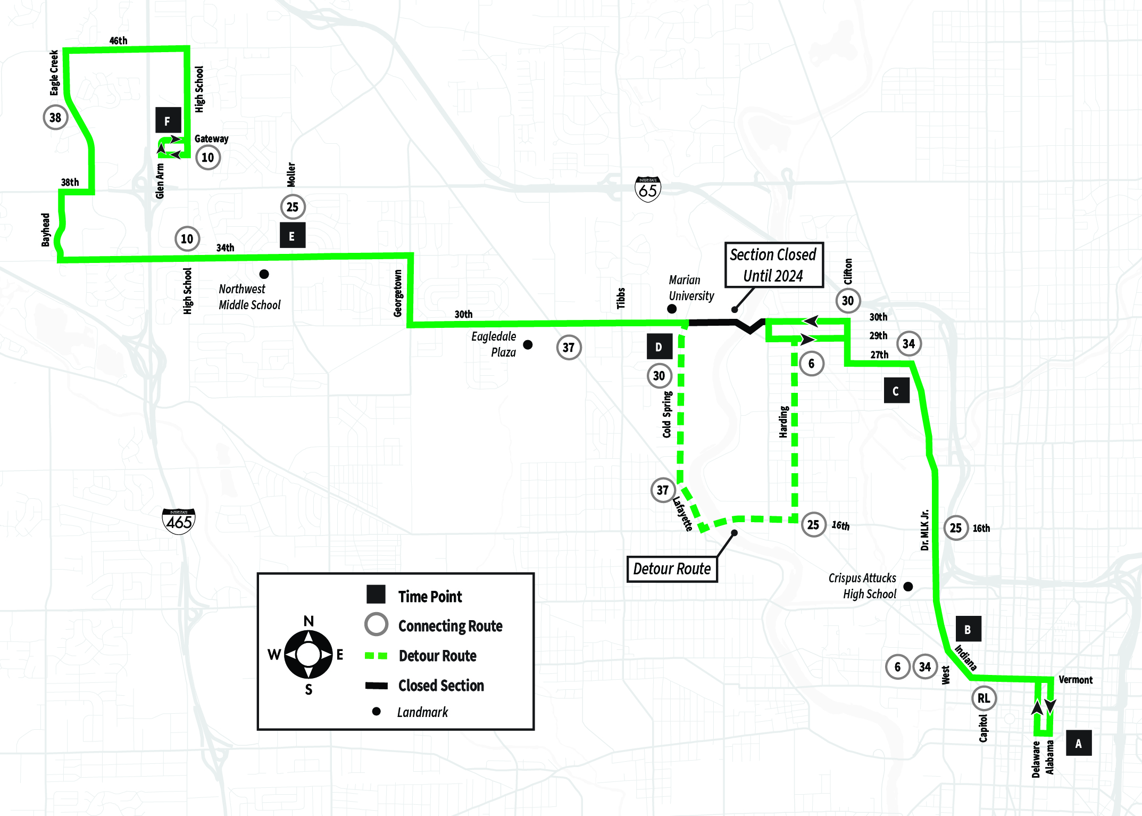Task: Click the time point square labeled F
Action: pos(168,120)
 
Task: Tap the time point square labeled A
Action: pos(1079,743)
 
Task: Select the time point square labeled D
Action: pos(660,347)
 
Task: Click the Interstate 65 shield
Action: pos(648,189)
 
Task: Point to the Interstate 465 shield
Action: pos(179,522)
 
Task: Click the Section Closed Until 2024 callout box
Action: pos(774,265)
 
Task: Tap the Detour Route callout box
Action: pos(672,569)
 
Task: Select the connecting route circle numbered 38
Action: pos(56,118)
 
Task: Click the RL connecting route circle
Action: pos(984,698)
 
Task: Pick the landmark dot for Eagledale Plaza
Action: pos(528,345)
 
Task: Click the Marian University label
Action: pos(691,288)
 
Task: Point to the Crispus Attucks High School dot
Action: pos(908,587)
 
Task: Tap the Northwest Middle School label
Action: pos(249,297)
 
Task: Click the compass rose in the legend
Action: pos(308,655)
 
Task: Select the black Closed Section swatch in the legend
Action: pos(377,686)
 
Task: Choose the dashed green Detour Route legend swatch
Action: pos(377,656)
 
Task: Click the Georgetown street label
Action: pos(398,293)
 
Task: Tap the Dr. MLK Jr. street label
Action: pos(925,530)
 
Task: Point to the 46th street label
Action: pos(118,41)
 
